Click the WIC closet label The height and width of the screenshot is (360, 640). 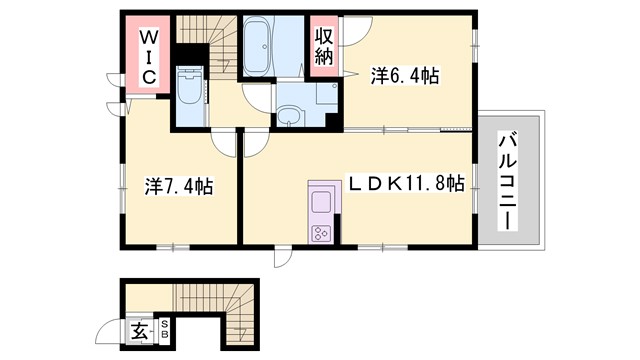(146, 57)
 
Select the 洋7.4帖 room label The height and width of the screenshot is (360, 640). (177, 185)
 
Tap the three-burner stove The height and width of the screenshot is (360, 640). (323, 234)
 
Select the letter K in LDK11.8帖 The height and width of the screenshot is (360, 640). (391, 183)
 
